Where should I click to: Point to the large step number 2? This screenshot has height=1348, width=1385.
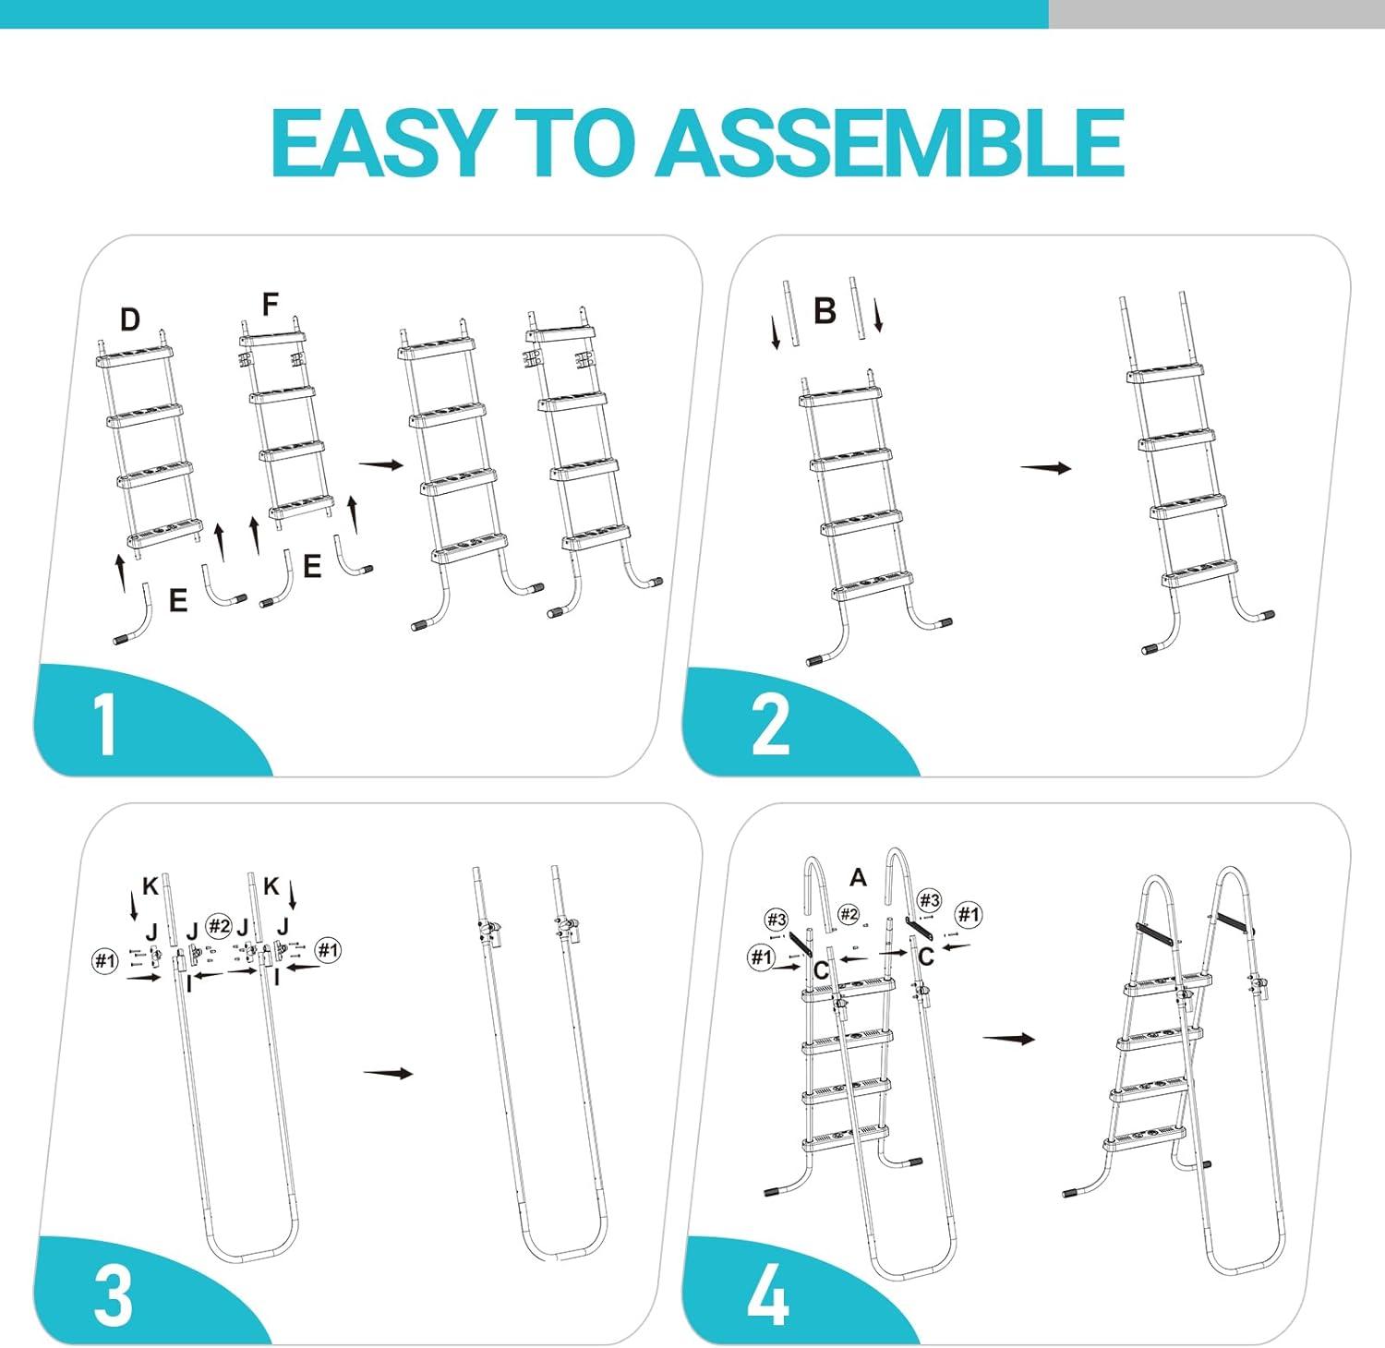click(x=771, y=725)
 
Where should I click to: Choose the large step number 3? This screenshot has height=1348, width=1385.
click(x=114, y=1295)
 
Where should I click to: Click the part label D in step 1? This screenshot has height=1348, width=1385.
click(x=130, y=319)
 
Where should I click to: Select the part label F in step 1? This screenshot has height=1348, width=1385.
click(x=271, y=304)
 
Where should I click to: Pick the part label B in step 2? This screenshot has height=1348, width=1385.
click(x=825, y=311)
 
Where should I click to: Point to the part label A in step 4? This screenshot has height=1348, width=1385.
click(x=859, y=877)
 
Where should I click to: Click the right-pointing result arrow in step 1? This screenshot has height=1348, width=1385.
click(x=381, y=464)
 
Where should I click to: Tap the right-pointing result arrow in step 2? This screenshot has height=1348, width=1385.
click(x=1046, y=468)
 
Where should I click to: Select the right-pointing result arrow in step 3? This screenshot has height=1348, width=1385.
click(x=388, y=1073)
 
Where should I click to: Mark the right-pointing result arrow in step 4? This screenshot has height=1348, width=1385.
click(x=1008, y=1039)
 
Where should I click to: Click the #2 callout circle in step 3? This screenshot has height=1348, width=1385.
click(x=219, y=925)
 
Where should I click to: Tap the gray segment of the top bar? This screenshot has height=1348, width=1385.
click(x=1217, y=14)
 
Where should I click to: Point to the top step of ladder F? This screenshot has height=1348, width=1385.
click(x=273, y=336)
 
